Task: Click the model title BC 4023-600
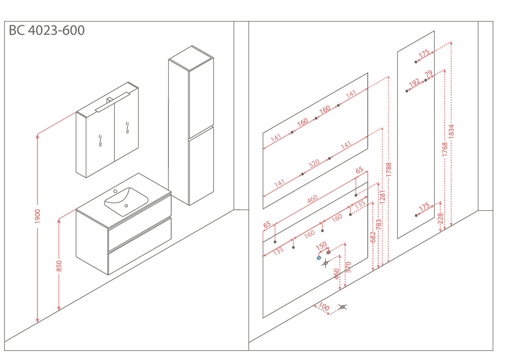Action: click(47, 30)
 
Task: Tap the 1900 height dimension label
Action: click(37, 216)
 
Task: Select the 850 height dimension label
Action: click(59, 266)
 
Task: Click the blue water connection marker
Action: click(319, 258)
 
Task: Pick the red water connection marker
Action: click(328, 252)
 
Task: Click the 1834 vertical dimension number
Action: click(451, 131)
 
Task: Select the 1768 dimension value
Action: click(445, 149)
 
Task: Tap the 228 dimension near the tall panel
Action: click(440, 219)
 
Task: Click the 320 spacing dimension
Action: click(314, 164)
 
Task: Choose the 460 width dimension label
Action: click(312, 199)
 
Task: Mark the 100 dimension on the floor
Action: click(324, 307)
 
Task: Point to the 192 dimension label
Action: click(414, 82)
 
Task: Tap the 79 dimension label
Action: click(428, 74)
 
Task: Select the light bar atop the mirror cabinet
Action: click(112, 102)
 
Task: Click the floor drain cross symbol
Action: click(342, 307)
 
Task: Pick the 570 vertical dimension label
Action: click(348, 267)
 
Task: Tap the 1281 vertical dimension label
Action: click(382, 197)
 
